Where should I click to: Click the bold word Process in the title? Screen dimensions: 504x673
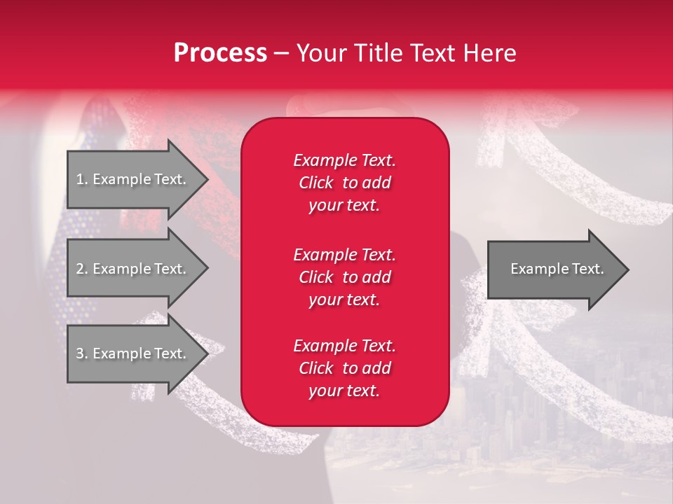point(220,53)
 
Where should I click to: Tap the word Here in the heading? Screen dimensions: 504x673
point(490,53)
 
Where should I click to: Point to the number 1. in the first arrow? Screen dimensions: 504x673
point(82,179)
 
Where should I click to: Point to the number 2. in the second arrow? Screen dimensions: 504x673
point(82,269)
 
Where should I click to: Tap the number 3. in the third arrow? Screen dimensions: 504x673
point(82,353)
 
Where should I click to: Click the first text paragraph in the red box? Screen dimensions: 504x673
point(344,183)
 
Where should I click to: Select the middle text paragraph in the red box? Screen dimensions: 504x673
point(344,277)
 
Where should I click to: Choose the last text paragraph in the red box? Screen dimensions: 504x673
point(344,368)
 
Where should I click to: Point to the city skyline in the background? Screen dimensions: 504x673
point(533,420)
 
